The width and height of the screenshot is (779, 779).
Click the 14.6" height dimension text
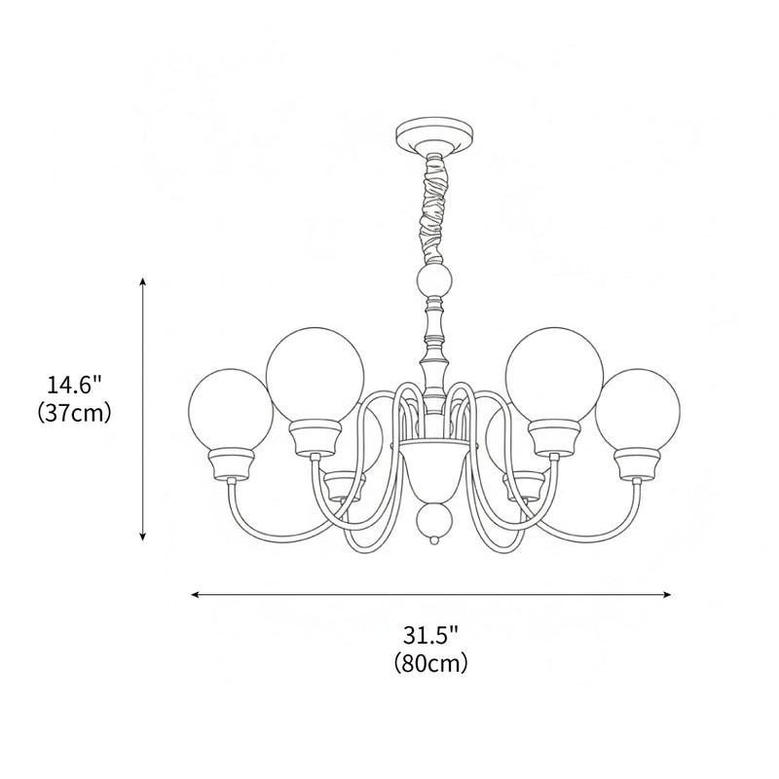[75, 386]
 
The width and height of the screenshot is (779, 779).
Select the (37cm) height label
[75, 412]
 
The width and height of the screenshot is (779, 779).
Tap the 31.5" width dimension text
[430, 637]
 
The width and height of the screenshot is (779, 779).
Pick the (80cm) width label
[430, 664]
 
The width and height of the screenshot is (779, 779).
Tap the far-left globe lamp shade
[228, 407]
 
